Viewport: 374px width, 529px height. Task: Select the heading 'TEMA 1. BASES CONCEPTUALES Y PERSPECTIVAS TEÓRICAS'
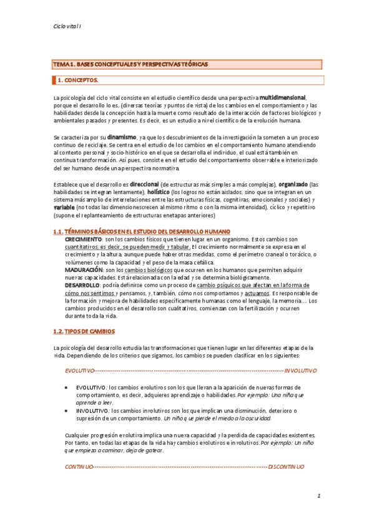(130, 65)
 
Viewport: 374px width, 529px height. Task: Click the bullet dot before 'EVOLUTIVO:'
(67, 387)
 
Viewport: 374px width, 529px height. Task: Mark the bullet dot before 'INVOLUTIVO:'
(67, 411)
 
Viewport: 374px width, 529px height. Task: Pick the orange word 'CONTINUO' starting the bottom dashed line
(79, 467)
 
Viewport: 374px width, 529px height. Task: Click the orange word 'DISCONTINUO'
(287, 467)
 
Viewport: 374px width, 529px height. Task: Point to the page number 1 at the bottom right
(318, 497)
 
